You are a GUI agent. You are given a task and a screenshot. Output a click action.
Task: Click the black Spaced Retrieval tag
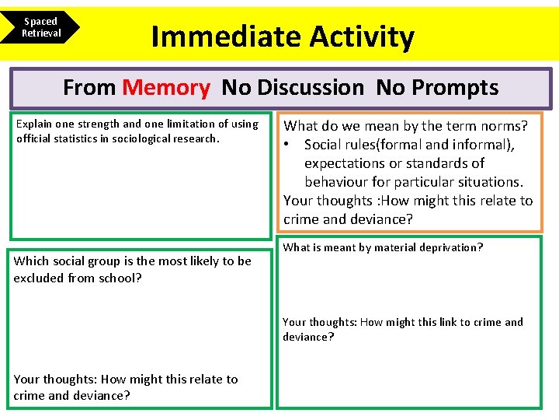40,27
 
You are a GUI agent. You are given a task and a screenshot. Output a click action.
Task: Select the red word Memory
166,88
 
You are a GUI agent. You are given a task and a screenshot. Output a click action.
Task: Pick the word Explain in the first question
34,124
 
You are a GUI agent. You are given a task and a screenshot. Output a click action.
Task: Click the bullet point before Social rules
287,145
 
